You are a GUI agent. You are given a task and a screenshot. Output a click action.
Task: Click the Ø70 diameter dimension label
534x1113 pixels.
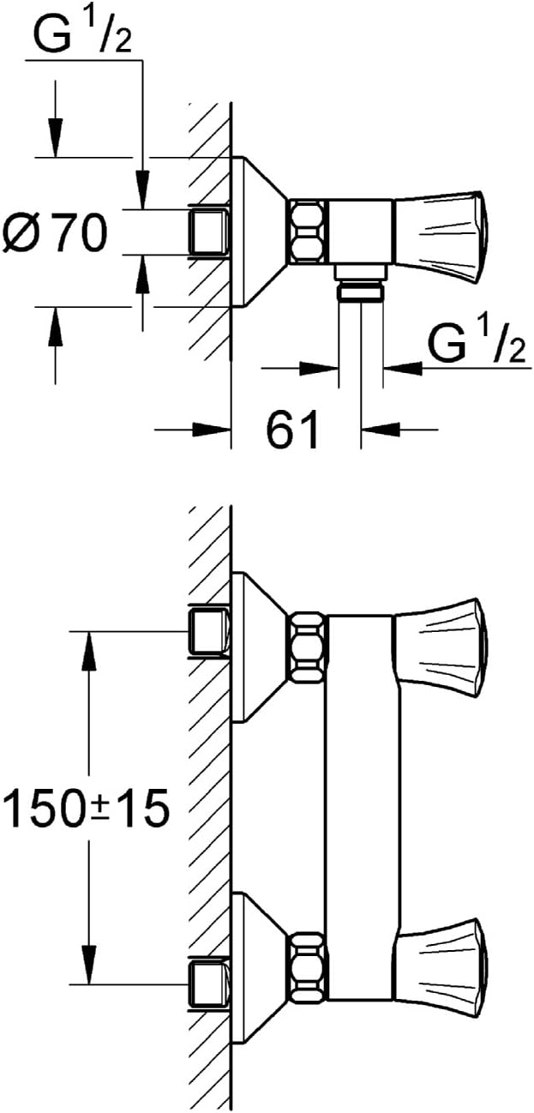[x=55, y=232]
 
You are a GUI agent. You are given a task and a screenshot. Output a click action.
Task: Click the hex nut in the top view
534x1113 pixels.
[x=308, y=231]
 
